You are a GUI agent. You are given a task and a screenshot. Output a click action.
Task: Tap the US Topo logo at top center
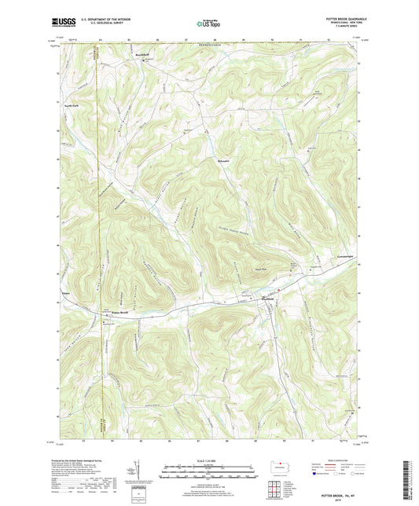tap(208, 24)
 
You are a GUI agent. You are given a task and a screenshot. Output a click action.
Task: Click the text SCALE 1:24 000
tap(208, 460)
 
